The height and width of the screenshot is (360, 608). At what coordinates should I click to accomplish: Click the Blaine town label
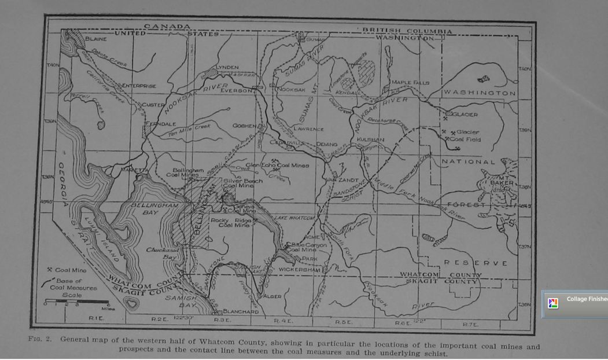pyautogui.click(x=95, y=39)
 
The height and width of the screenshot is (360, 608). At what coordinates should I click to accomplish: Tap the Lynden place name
pyautogui.click(x=227, y=68)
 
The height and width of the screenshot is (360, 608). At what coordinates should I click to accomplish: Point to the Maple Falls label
pyautogui.click(x=410, y=83)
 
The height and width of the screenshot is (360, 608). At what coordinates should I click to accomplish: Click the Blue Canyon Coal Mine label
pyautogui.click(x=308, y=247)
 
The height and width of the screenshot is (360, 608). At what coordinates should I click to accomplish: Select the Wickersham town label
pyautogui.click(x=299, y=270)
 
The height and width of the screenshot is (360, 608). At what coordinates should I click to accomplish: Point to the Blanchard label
pyautogui.click(x=240, y=311)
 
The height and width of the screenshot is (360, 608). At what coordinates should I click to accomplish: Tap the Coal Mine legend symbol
pyautogui.click(x=50, y=270)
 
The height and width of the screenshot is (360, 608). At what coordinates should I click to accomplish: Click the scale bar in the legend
pyautogui.click(x=77, y=303)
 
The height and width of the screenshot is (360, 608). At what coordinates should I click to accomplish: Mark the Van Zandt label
pyautogui.click(x=343, y=180)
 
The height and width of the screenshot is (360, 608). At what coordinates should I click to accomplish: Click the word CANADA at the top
pyautogui.click(x=167, y=27)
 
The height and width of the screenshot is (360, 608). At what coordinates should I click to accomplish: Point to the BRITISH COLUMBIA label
pyautogui.click(x=407, y=31)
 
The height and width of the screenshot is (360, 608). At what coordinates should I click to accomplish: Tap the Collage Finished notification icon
pyautogui.click(x=553, y=303)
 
